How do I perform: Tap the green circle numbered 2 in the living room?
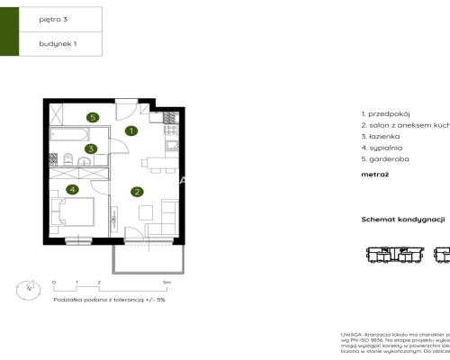tap(137, 191)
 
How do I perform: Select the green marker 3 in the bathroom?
tap(90, 149)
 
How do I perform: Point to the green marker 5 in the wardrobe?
tap(92, 117)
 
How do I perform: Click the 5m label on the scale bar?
tap(179, 283)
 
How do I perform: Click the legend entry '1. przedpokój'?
tap(385, 115)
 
